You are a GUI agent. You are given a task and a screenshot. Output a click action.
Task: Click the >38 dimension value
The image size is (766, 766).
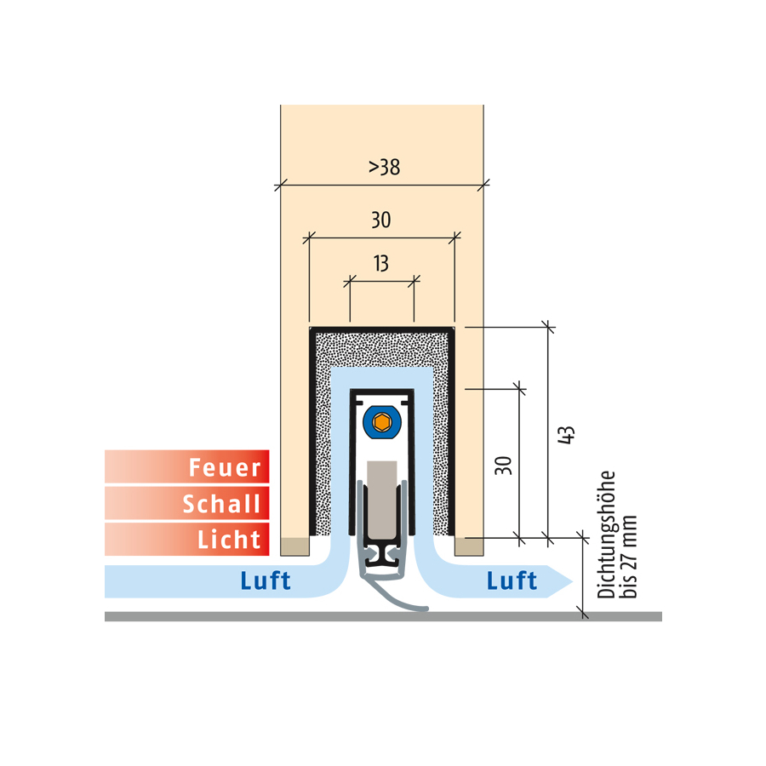pos(384,167)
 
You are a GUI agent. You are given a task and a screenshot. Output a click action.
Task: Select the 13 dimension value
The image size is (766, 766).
pos(381,264)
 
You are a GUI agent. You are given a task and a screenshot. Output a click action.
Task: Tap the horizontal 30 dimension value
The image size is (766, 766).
pos(381,220)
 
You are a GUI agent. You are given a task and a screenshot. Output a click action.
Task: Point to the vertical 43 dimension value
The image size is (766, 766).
pos(566,435)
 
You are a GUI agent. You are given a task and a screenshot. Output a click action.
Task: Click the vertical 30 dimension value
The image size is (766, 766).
pos(503,466)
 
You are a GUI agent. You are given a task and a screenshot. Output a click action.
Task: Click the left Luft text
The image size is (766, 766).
pos(266,580)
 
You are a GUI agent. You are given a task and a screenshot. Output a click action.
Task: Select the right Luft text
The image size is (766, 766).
pos(512,580)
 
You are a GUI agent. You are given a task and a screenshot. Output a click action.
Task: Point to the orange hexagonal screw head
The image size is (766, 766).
pos(381,422)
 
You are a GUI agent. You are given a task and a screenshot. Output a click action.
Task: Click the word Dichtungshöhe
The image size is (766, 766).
pos(606,535)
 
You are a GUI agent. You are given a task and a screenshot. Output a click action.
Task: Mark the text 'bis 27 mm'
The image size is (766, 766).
pos(629,557)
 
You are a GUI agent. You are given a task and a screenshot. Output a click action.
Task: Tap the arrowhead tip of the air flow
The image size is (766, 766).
pos(572,581)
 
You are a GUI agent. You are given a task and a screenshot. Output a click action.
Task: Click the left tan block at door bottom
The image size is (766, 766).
pos(295,546)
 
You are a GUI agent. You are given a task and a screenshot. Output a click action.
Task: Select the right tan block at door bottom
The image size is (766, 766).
pos(469,546)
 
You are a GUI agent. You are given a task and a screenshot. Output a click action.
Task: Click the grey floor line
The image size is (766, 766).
pos(383,616)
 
